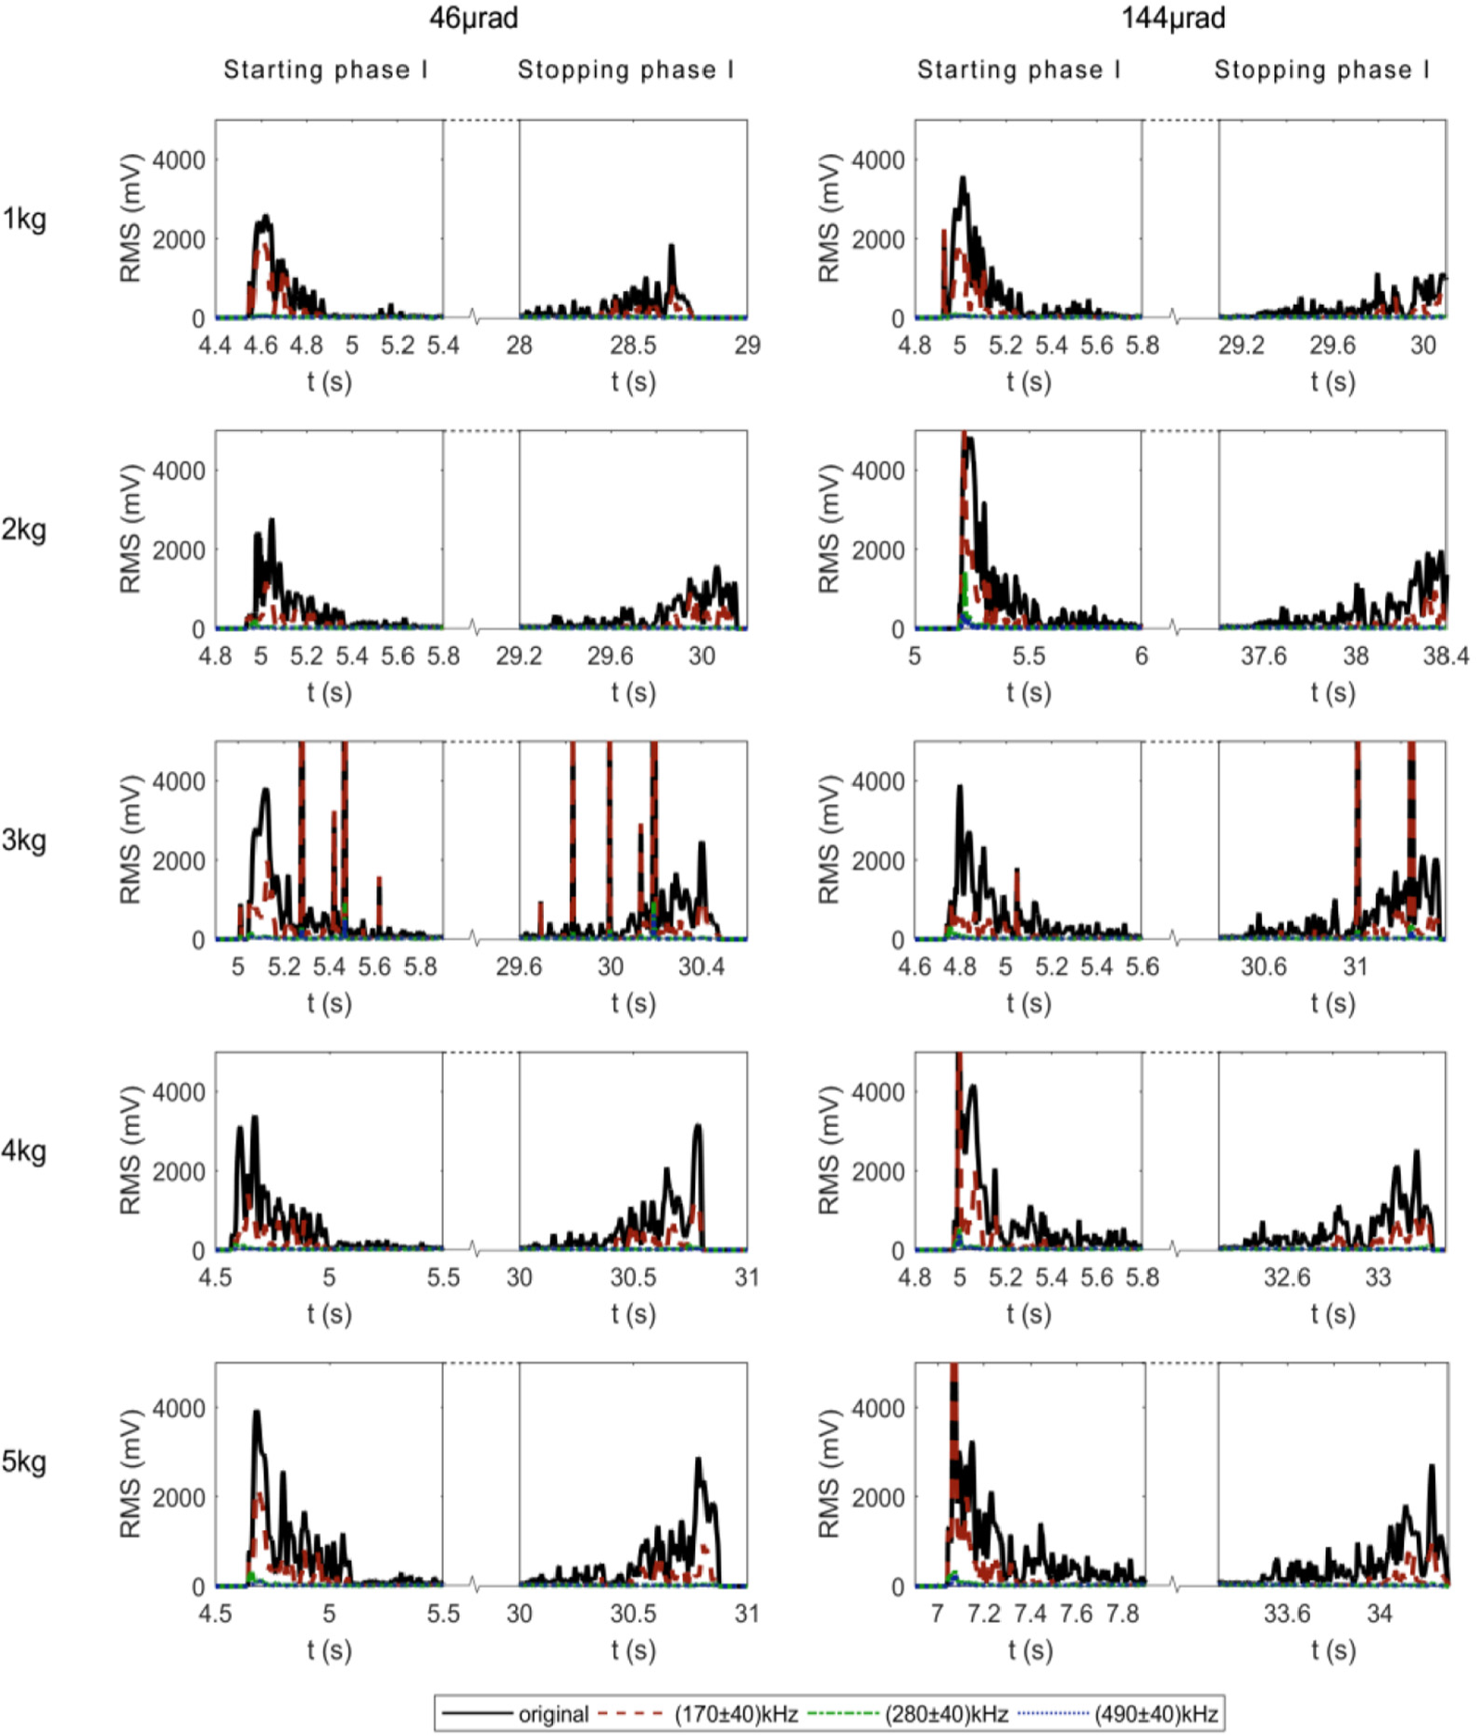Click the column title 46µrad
point(473,18)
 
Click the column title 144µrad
point(1173,18)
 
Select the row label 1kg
point(24,219)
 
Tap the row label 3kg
point(24,841)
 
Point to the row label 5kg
point(24,1462)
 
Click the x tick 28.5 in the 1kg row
point(633,346)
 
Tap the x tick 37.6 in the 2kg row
point(1264,656)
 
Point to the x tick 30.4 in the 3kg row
point(701,967)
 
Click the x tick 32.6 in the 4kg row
point(1287,1277)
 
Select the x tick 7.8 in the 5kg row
point(1122,1614)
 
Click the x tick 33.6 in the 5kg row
point(1287,1614)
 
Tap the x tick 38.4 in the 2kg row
point(1446,656)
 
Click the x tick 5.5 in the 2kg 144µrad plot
point(1029,656)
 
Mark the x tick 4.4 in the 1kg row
point(215,346)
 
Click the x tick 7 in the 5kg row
point(937,1614)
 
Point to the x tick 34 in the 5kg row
point(1379,1614)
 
